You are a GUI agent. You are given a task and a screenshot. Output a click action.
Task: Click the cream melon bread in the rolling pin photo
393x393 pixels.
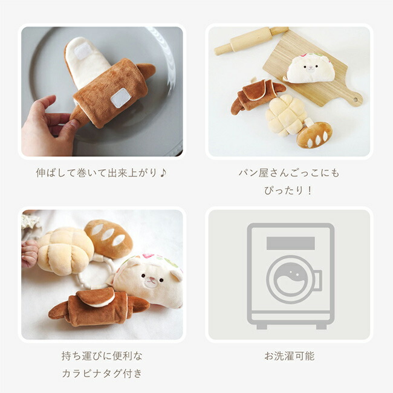click(x=285, y=115)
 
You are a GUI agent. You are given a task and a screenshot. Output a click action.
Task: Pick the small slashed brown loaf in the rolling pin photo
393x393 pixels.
click(x=314, y=134)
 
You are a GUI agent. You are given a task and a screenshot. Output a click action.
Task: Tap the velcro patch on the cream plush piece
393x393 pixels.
click(x=83, y=51)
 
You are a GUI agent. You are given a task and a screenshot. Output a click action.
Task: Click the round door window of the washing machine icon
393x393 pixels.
click(x=291, y=279)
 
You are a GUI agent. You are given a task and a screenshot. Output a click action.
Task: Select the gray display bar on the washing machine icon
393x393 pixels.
click(x=290, y=243)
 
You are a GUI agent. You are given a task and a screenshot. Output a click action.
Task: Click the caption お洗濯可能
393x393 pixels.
click(x=289, y=356)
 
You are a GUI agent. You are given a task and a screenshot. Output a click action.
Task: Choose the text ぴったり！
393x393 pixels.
click(x=289, y=190)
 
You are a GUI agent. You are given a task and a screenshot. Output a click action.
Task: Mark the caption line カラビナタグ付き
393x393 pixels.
click(x=102, y=373)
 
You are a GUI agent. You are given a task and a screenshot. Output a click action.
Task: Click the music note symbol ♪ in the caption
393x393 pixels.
click(x=163, y=173)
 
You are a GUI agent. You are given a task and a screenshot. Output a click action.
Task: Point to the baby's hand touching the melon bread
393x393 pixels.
click(x=30, y=254)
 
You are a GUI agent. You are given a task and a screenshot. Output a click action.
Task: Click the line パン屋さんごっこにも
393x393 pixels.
click(x=289, y=173)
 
